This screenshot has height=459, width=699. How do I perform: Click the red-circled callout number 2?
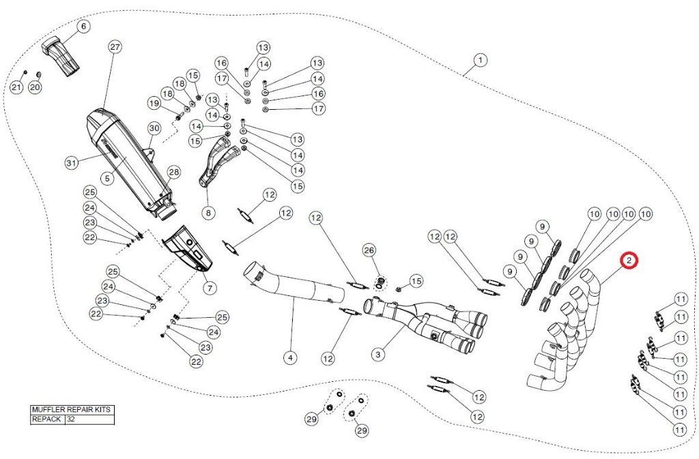coord(629,261)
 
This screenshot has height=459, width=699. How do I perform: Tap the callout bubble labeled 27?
coord(115,47)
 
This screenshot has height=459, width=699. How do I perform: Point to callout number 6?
coord(83,27)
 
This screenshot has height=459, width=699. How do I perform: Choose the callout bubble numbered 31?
coord(72,162)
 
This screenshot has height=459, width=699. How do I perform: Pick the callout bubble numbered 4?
coord(290,357)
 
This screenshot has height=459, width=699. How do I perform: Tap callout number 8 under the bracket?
coord(208,213)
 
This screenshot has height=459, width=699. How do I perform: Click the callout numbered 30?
coord(154,128)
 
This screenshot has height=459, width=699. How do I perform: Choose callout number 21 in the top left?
coord(16,87)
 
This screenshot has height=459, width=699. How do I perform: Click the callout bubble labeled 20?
coord(35,87)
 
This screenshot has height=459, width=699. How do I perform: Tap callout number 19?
coord(154,104)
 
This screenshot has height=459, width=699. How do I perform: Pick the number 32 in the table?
coord(71,419)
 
